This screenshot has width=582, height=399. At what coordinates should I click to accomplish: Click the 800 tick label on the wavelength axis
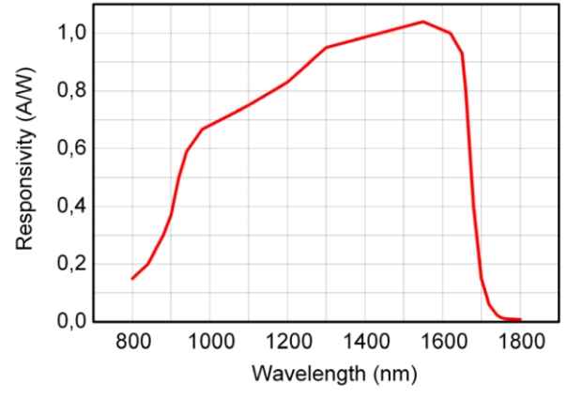[131, 342]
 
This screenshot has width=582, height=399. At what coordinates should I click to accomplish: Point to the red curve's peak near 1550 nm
[423, 22]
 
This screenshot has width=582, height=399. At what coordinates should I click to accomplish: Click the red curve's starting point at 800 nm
[132, 278]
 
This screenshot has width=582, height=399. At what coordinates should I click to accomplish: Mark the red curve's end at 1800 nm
[520, 320]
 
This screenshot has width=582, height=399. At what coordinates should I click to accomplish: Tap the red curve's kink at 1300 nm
[326, 47]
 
